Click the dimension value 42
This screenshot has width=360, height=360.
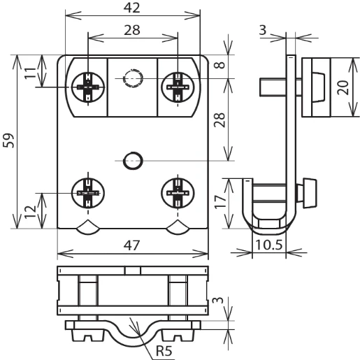pyautogui.click(x=133, y=8)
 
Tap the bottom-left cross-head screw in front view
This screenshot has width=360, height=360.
pyautogui.click(x=88, y=190)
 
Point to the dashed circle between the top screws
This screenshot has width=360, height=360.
pyautogui.click(x=132, y=78)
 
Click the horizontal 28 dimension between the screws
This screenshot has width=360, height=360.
pyautogui.click(x=133, y=30)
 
